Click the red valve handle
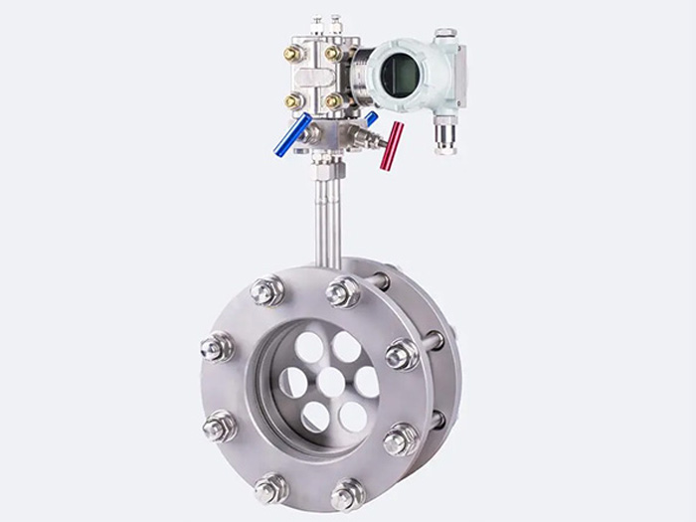[392, 146]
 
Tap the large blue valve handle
[292, 135]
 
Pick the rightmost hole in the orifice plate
[366, 382]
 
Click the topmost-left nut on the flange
[267, 290]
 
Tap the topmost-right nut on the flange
[343, 291]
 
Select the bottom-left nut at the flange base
[269, 488]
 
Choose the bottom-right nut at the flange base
[347, 493]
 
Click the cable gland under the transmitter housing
[444, 133]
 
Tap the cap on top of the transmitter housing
[444, 36]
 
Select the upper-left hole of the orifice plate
[309, 348]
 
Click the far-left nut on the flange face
[216, 348]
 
